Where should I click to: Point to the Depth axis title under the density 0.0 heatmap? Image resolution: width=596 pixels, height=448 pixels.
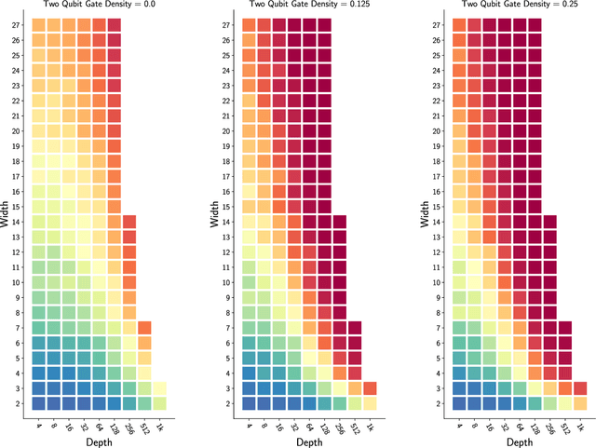(99, 440)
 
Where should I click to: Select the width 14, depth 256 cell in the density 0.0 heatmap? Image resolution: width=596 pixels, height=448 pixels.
(129, 222)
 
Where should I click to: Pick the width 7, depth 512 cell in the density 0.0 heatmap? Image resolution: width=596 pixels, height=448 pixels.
(144, 328)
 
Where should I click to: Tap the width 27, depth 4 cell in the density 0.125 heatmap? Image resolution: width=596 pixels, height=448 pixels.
(250, 26)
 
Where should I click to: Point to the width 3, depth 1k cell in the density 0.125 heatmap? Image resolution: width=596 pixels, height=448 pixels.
(370, 388)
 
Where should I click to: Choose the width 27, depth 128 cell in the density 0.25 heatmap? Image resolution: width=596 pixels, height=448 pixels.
(535, 26)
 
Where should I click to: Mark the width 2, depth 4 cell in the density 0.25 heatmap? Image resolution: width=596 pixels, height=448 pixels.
(460, 403)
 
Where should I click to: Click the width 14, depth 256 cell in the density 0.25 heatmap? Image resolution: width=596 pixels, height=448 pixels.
(549, 222)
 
